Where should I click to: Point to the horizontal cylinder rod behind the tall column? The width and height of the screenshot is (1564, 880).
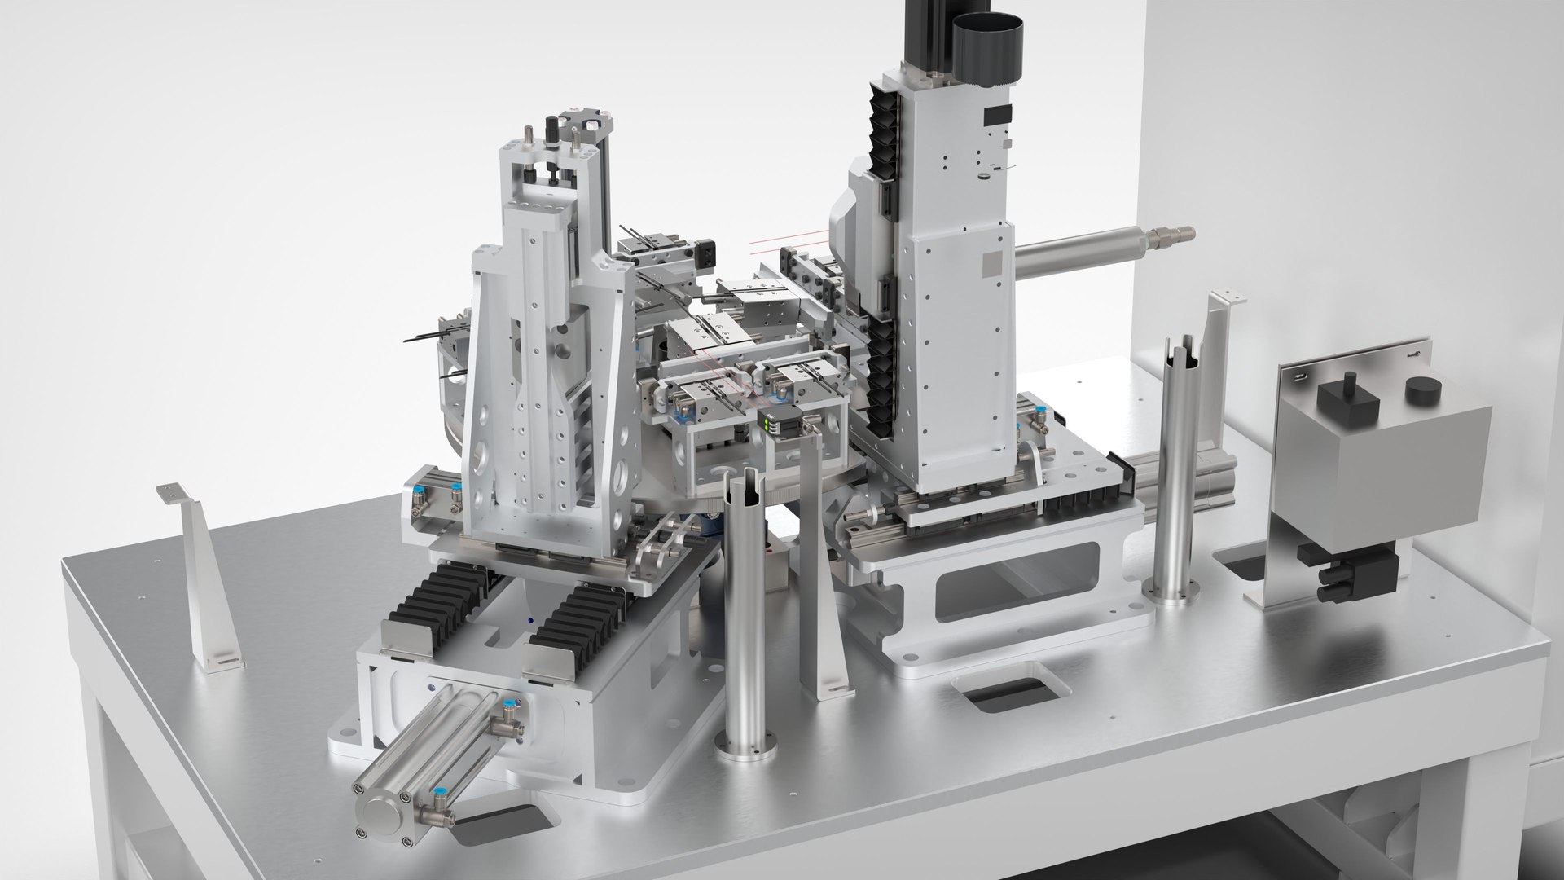(1092, 249)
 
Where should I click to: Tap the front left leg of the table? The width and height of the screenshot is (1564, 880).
(106, 782)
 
